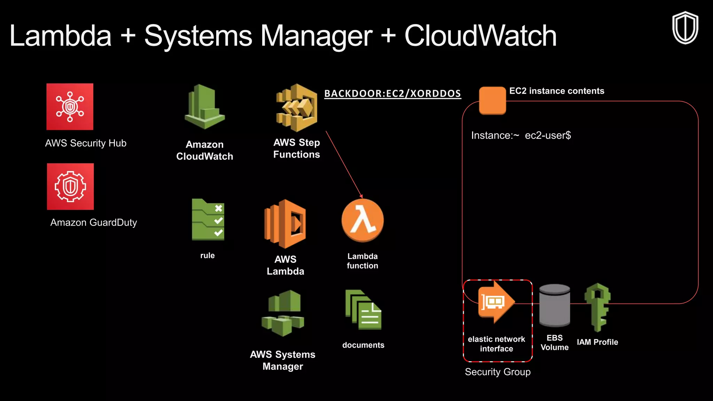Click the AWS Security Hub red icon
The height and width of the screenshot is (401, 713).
(70, 107)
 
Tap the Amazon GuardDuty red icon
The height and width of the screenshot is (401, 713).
(70, 187)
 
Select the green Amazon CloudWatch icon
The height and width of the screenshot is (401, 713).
(205, 107)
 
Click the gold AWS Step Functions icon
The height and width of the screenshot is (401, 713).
(297, 108)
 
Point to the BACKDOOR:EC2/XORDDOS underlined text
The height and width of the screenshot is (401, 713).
(392, 94)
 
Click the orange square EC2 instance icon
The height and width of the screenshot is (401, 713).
(492, 100)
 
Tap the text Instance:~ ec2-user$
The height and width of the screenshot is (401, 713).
(521, 135)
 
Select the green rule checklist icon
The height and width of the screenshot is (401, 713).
(208, 220)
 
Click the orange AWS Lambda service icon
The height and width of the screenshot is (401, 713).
(285, 224)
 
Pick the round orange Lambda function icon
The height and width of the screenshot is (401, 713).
(362, 220)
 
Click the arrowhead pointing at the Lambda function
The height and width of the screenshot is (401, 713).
(361, 196)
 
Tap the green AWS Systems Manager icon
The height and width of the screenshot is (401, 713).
(283, 313)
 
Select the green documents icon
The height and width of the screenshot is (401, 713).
(363, 310)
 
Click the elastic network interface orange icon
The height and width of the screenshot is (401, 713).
(496, 302)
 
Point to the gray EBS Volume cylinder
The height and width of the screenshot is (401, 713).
(554, 305)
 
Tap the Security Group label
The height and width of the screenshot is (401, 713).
(497, 372)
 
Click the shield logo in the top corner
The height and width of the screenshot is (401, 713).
(685, 28)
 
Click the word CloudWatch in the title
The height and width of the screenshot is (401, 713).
(480, 36)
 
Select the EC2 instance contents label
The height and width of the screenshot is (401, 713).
(556, 91)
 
